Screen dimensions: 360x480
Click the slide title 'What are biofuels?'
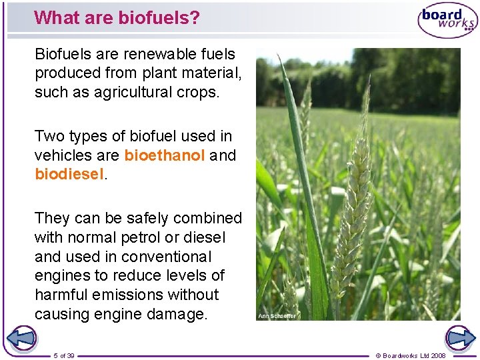(117, 17)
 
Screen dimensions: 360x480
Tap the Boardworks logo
(447, 20)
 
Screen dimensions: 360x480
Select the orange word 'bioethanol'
(165, 155)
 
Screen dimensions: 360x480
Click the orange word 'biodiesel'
(69, 175)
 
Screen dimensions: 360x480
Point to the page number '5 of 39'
(65, 355)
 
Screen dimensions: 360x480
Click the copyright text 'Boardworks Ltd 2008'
(411, 355)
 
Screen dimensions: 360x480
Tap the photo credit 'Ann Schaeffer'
(277, 315)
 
